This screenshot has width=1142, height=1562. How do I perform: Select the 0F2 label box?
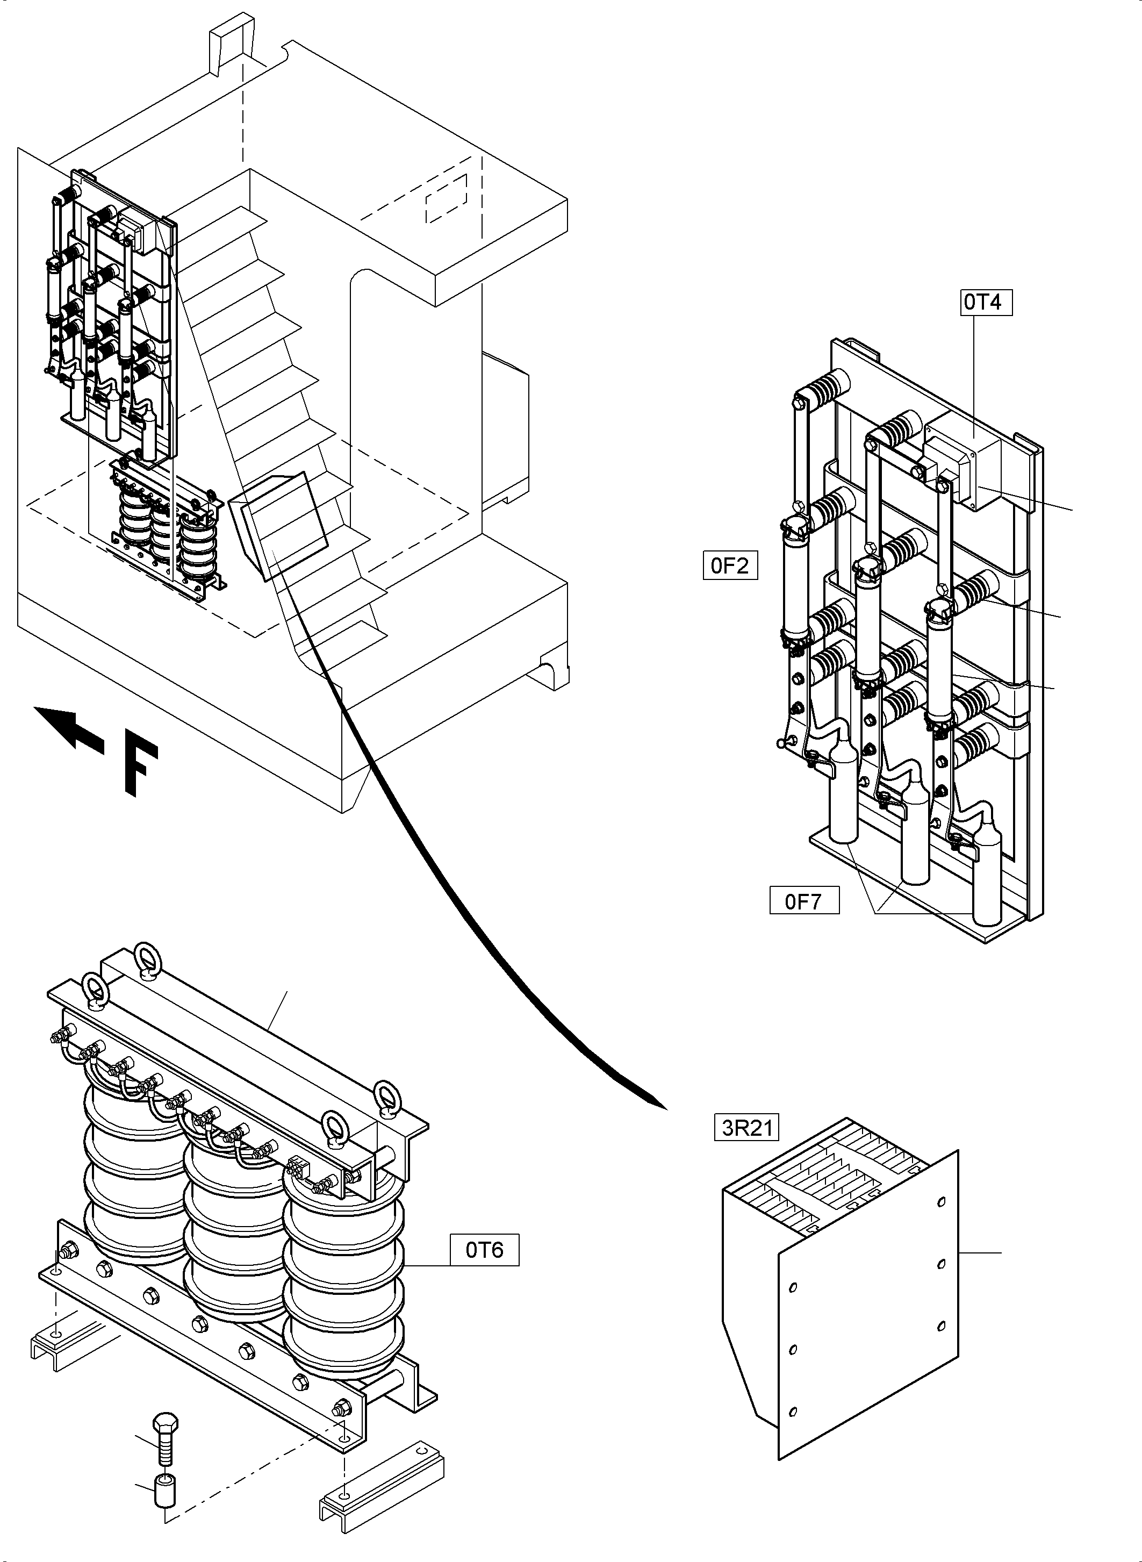point(730,565)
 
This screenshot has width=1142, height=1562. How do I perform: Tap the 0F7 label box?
point(804,901)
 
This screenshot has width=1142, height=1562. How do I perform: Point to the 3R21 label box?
point(746,1128)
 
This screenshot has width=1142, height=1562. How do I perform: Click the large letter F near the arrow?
point(141,770)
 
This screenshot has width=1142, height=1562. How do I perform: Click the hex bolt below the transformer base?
point(164,1438)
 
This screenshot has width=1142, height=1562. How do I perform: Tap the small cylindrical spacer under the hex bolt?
point(164,1485)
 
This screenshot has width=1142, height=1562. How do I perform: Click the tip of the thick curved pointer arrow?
point(665,1108)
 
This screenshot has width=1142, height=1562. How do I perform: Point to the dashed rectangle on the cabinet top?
point(446,198)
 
